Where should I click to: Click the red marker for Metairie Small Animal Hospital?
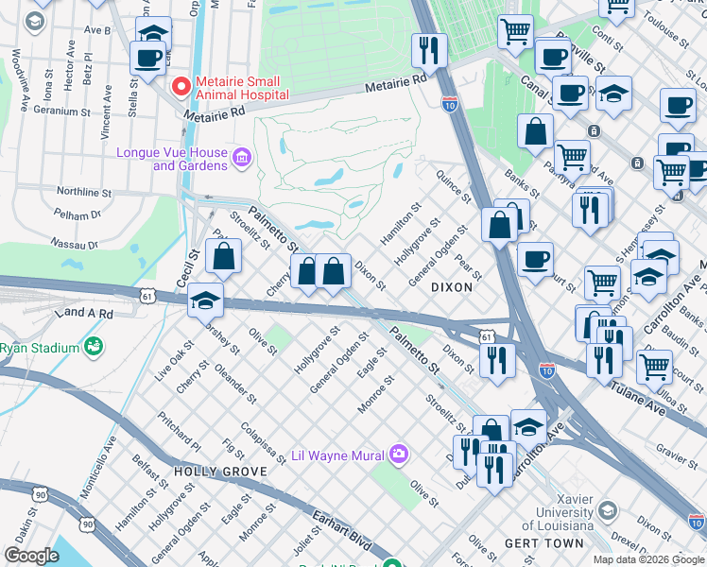point(180,86)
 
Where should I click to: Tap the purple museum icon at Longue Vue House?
point(242,157)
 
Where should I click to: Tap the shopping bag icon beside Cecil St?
point(224,257)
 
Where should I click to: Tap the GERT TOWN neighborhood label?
point(535,544)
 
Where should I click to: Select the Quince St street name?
point(454,185)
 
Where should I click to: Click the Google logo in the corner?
point(31,556)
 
